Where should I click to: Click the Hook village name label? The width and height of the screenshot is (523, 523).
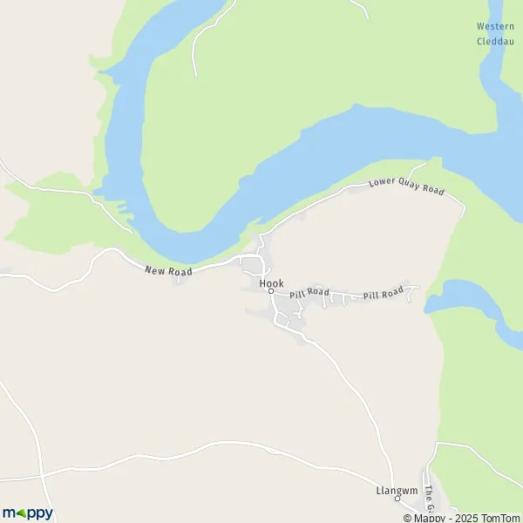271,283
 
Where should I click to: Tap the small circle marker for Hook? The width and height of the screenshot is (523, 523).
270,292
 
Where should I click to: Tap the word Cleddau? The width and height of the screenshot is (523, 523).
495,40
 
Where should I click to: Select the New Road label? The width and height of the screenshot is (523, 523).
168,272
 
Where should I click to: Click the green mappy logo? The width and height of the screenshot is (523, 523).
27,513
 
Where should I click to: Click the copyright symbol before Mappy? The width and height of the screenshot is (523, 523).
407,518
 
